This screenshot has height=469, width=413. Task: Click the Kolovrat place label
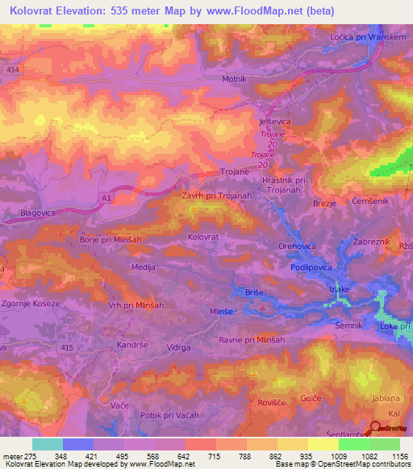pos(203,237)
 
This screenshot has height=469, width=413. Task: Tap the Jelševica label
pos(274,121)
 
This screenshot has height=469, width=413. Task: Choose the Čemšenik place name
pos(368,200)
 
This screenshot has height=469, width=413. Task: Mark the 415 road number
pos(66,347)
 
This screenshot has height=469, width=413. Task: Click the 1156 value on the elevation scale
pos(398,455)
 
